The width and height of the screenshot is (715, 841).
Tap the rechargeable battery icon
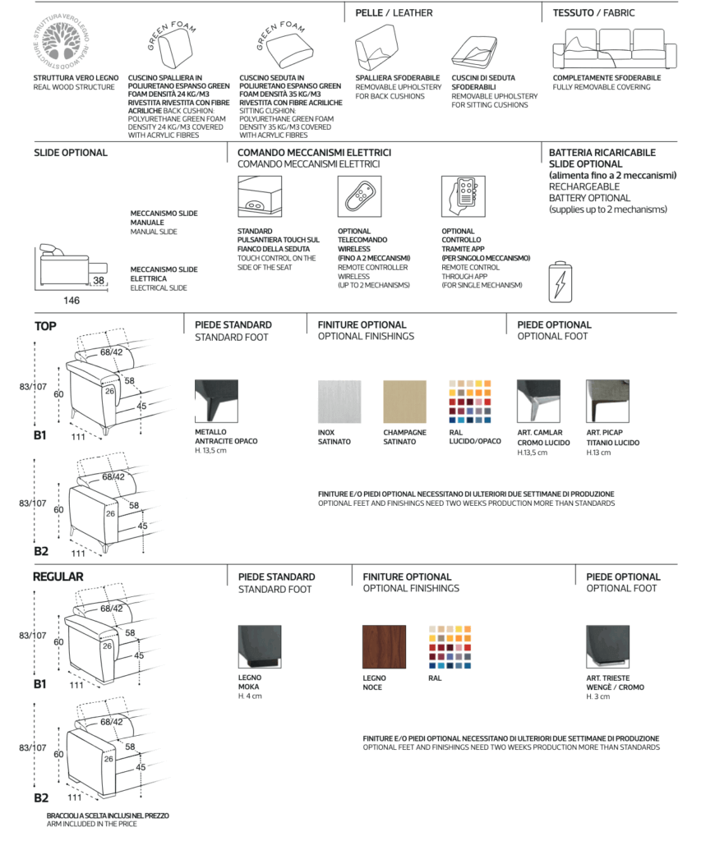558,281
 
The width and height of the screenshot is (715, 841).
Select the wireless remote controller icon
359,197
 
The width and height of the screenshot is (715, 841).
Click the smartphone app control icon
464,197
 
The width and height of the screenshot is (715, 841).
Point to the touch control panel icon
259,197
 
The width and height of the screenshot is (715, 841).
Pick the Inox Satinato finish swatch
339,402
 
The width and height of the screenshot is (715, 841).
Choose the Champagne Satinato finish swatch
404,402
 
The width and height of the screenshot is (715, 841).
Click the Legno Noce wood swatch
384,647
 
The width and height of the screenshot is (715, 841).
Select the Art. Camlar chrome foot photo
538,402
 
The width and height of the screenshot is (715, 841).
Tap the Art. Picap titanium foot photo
607,402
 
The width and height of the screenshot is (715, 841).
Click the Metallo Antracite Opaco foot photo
216,402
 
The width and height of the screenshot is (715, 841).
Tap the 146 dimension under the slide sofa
72,301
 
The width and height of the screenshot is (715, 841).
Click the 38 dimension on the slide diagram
99,280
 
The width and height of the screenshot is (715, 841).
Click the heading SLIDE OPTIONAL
71,153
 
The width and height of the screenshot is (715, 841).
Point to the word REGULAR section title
58,577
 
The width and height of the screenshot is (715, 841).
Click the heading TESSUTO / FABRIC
593,13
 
